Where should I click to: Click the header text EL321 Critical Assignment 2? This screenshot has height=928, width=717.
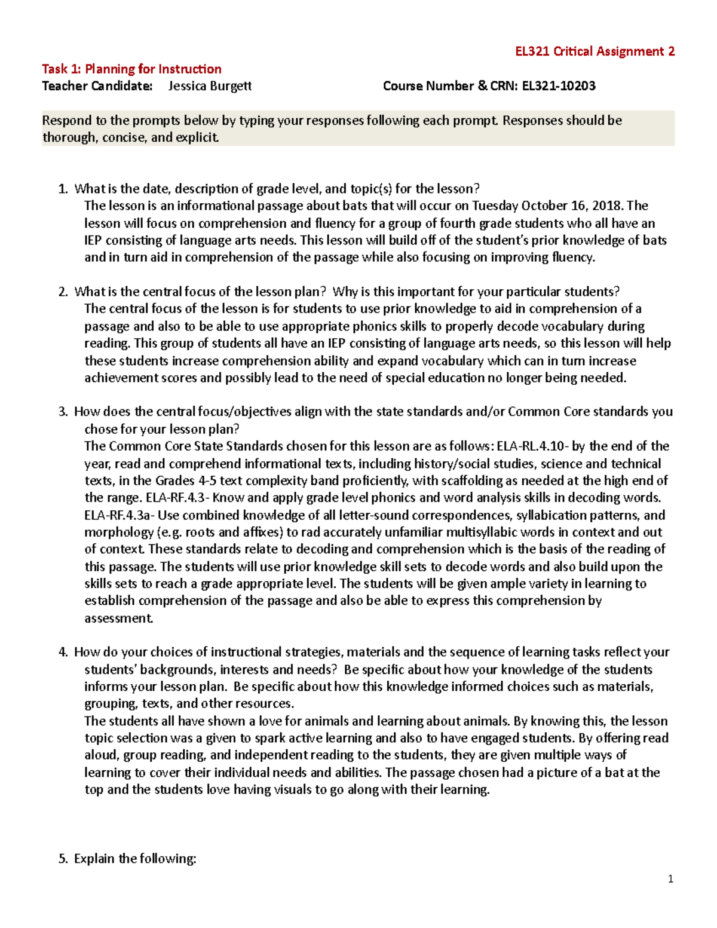pos(595,51)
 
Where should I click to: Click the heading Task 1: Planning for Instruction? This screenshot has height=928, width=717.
pos(131,69)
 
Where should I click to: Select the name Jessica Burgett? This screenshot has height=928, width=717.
pos(210,86)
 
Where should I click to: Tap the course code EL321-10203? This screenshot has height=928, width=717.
pos(559,86)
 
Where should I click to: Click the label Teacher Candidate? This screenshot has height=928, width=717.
pos(97,86)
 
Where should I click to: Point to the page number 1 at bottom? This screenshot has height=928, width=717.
pos(670,878)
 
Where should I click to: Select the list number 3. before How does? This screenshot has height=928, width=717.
pos(63,412)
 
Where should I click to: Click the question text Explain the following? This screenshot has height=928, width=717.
pos(135,859)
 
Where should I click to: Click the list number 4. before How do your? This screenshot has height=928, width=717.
pos(63,652)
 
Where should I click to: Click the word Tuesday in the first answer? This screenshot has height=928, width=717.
pos(495,206)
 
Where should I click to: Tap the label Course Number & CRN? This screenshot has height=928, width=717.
pos(451,86)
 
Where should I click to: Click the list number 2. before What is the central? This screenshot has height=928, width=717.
pos(63,292)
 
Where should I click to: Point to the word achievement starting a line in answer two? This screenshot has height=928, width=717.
pos(122,378)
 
